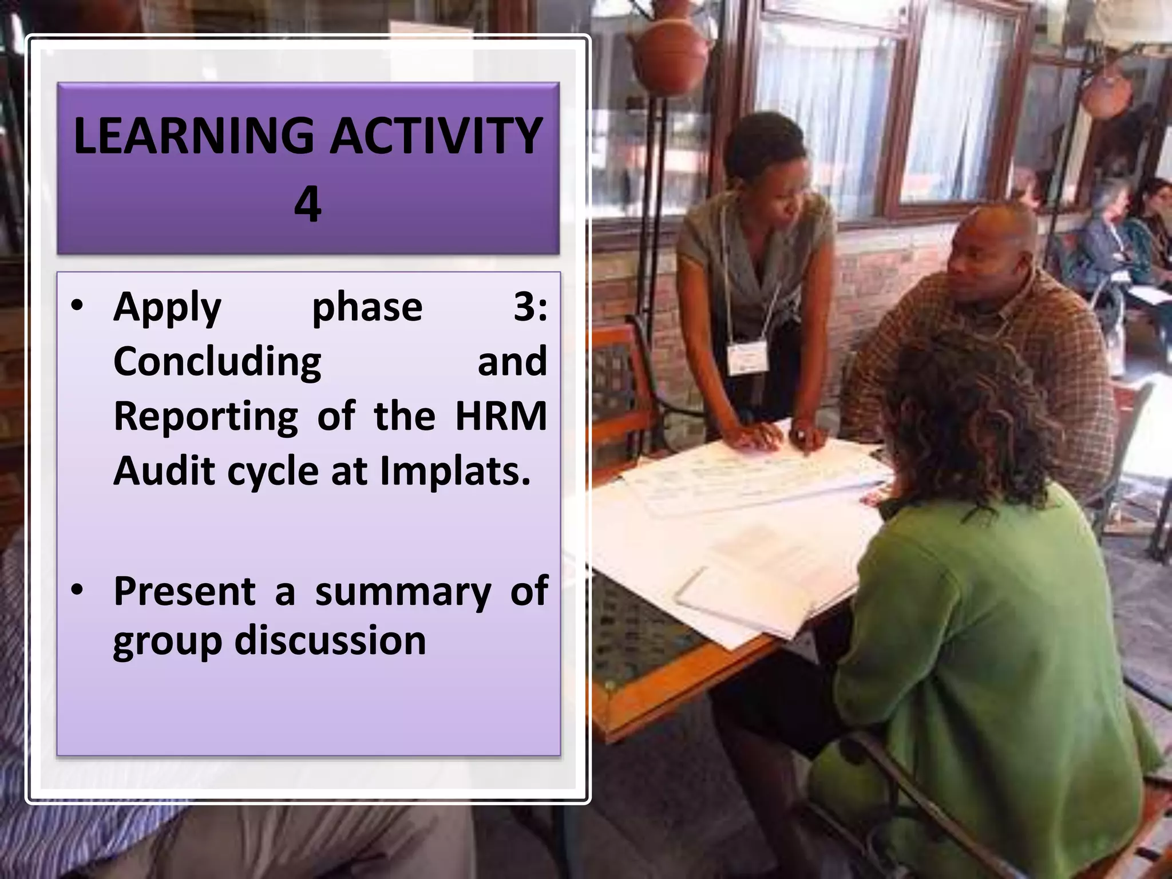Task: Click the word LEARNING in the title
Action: [x=194, y=136]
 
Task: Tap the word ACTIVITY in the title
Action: [x=437, y=136]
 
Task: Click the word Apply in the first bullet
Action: [x=167, y=308]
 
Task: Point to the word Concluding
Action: [x=217, y=362]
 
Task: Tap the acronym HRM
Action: [x=501, y=415]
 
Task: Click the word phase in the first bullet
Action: [x=367, y=308]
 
